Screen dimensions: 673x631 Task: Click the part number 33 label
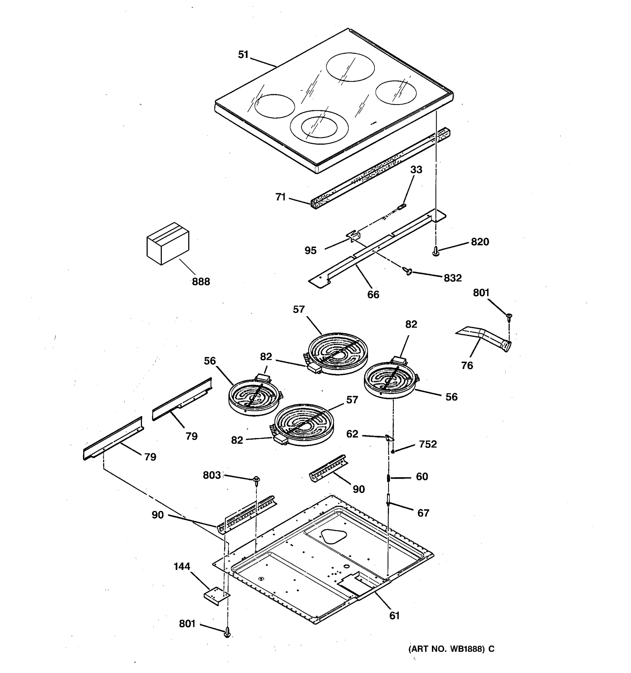(x=416, y=170)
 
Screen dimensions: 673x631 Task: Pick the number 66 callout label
(x=373, y=294)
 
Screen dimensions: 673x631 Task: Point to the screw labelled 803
(x=256, y=479)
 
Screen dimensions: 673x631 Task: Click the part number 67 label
(x=423, y=513)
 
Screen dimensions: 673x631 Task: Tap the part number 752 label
(x=428, y=444)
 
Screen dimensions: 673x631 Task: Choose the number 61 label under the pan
(x=394, y=616)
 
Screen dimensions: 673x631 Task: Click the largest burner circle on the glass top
(x=350, y=67)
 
